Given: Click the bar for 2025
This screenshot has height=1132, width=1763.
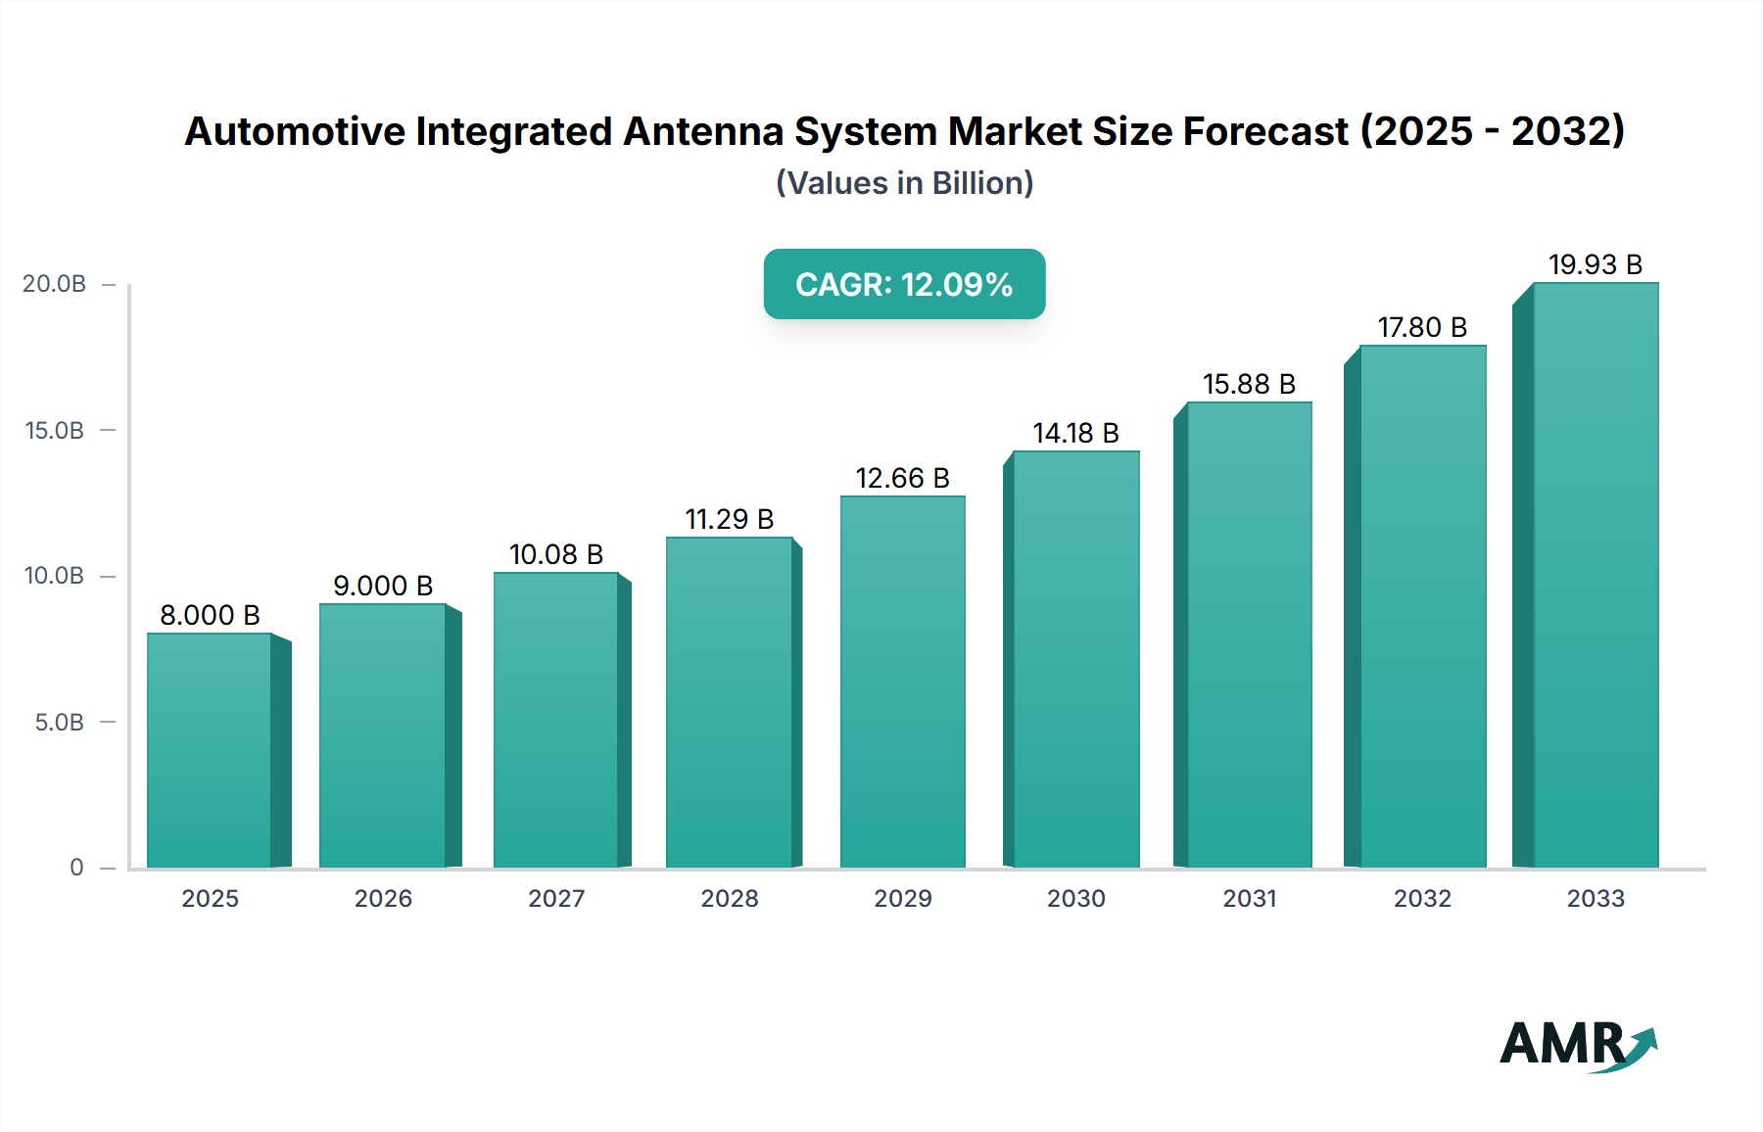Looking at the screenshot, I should (x=210, y=750).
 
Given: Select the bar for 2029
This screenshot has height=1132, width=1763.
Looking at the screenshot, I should (x=902, y=682).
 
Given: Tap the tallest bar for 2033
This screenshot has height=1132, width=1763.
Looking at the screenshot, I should (x=1596, y=575).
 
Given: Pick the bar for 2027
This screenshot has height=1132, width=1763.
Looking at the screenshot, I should (x=556, y=720).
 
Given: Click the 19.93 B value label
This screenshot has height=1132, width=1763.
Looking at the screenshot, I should (x=1595, y=264).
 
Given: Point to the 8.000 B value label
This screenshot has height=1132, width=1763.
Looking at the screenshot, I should (x=210, y=615).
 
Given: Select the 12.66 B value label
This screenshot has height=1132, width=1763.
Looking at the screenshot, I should (x=902, y=478).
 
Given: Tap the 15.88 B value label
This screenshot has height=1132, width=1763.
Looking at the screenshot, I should (x=1249, y=384).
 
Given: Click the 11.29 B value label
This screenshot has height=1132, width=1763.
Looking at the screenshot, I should (x=729, y=519).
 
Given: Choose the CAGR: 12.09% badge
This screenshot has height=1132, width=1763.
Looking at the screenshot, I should (x=904, y=284).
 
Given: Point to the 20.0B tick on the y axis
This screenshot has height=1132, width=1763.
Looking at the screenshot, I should (x=55, y=284).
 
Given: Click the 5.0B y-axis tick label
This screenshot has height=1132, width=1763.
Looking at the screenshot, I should (x=60, y=723).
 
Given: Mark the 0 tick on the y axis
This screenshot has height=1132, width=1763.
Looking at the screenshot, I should (x=76, y=868).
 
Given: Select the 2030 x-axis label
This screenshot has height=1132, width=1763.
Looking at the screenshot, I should (x=1075, y=898).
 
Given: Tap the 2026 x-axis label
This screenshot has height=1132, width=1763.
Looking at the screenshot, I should (x=383, y=898).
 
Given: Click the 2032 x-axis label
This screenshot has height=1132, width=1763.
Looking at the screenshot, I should (x=1422, y=898).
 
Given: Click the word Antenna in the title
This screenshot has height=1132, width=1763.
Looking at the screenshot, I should (x=703, y=131).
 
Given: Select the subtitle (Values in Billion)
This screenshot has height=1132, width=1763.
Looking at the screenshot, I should (x=904, y=183).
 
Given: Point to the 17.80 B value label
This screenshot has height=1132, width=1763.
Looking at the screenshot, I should (x=1422, y=327).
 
